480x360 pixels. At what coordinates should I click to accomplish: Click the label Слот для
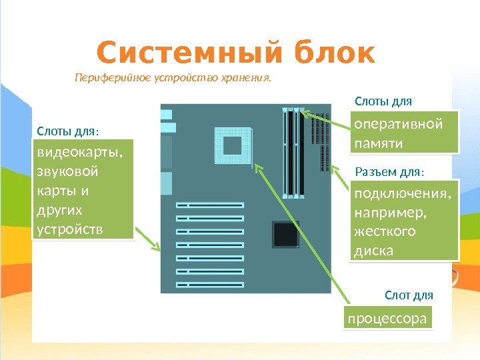409,295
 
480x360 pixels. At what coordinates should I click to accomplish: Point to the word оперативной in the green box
399,125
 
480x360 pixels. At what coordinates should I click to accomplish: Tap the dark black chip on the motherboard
285,235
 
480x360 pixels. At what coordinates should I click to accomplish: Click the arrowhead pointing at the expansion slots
158,248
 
